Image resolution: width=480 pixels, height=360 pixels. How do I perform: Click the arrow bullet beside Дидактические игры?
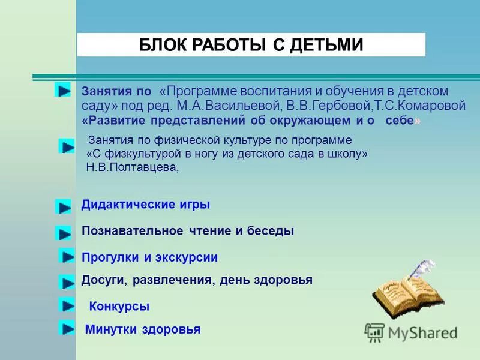63,206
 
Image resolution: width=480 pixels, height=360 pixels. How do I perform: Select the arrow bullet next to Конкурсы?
67,305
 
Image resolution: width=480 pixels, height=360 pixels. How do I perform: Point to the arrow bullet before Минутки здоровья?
66,328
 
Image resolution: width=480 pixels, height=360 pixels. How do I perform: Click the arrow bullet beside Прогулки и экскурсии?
67,256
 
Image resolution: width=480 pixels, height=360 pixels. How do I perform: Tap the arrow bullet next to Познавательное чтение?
63,233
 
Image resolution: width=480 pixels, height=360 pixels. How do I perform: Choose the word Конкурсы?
119,307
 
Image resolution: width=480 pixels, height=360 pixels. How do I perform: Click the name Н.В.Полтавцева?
132,167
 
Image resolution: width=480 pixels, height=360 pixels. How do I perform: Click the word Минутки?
112,329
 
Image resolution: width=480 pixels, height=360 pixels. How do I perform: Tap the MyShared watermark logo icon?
374,332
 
